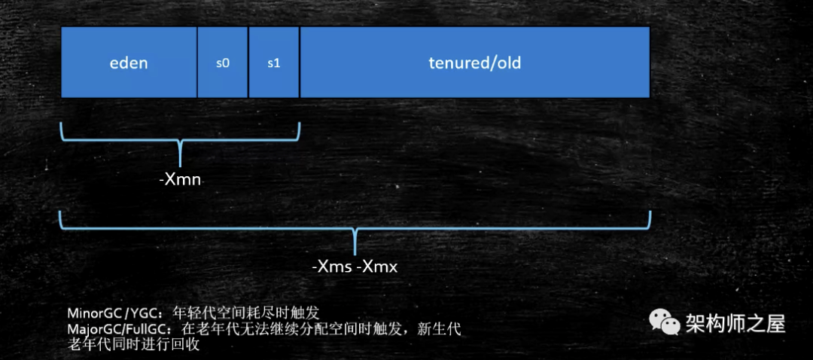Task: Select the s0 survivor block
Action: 222,63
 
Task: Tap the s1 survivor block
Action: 273,63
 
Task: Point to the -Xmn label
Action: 181,181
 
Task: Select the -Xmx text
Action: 377,267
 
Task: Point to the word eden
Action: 129,63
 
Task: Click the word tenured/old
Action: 474,63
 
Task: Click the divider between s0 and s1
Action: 248,63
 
